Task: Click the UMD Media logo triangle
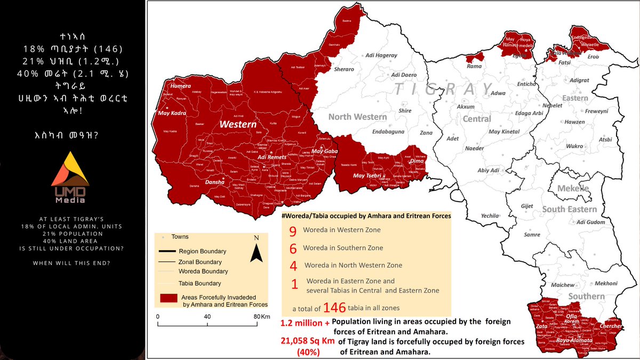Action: (x=74, y=169)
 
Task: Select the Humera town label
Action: (x=180, y=85)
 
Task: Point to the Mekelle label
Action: (x=573, y=188)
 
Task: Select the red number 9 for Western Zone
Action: (x=292, y=231)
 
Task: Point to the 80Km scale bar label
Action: (x=259, y=316)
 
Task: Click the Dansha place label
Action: (x=214, y=182)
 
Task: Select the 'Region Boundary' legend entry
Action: (x=202, y=251)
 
